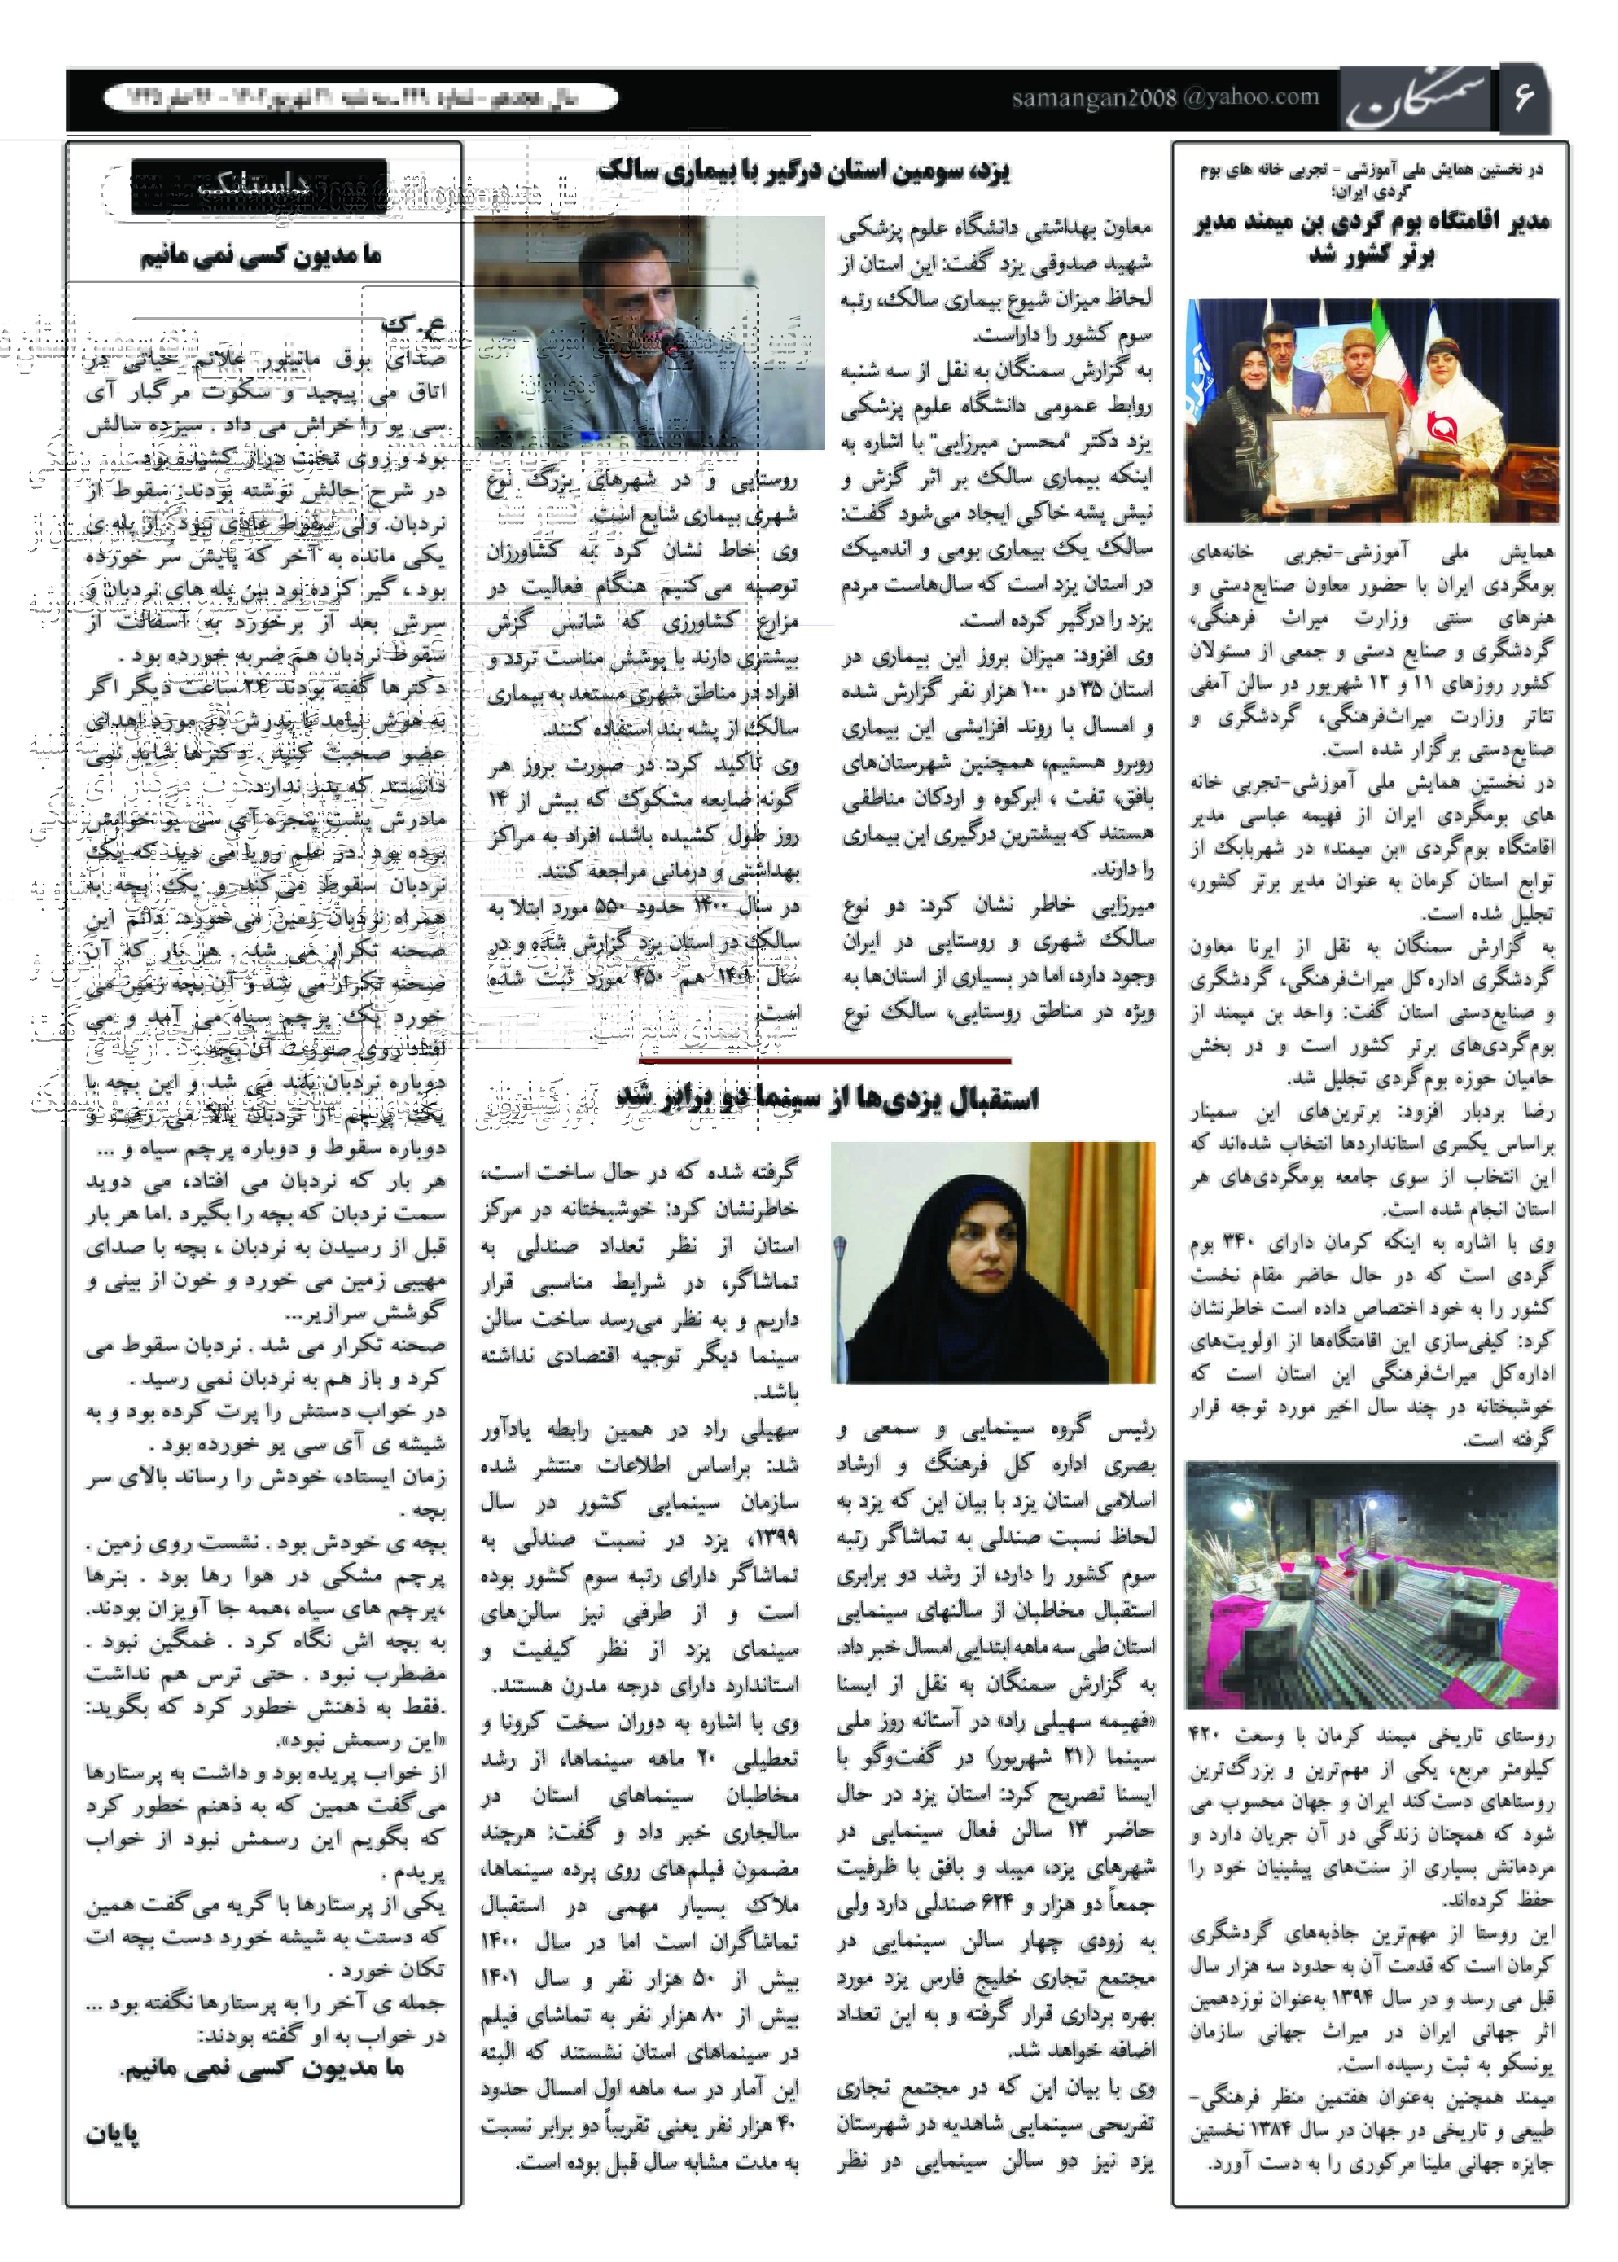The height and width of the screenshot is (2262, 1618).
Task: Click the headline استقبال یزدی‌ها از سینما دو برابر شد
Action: click(827, 1098)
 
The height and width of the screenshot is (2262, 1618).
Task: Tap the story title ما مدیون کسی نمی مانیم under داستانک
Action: click(260, 257)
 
